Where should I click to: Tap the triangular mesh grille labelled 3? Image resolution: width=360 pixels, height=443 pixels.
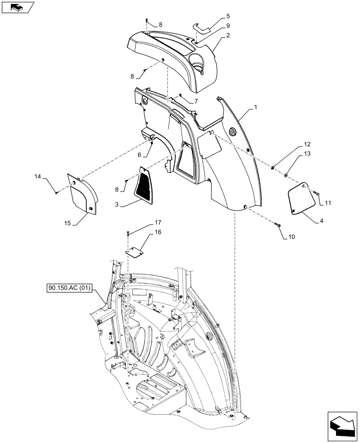(146, 184)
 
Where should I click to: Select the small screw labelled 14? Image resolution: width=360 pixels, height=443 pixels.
(57, 192)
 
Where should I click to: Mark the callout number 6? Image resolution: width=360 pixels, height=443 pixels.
(139, 155)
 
